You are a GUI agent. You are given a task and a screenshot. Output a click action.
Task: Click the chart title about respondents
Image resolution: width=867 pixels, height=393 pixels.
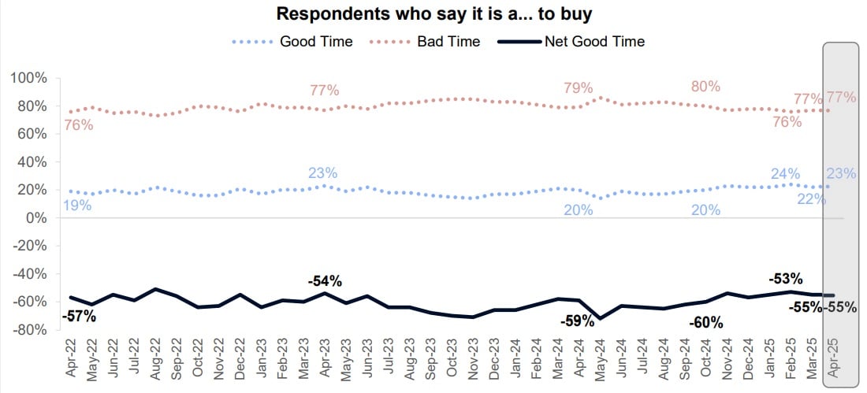(x=433, y=14)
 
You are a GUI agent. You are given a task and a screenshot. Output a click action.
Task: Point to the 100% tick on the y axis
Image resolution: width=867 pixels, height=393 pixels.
(x=29, y=78)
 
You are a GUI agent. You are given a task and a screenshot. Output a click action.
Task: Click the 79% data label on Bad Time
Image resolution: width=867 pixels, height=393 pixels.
(x=578, y=88)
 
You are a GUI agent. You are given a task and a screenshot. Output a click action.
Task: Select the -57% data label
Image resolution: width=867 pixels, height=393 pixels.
(x=80, y=317)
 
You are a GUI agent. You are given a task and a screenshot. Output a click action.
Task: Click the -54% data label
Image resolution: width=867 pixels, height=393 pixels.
(x=324, y=281)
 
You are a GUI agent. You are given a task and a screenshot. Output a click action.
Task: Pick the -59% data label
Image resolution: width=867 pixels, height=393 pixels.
(x=577, y=321)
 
